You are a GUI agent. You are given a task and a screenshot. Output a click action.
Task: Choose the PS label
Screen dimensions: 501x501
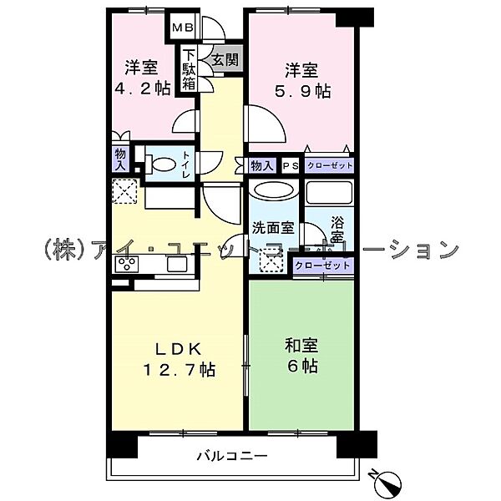290,166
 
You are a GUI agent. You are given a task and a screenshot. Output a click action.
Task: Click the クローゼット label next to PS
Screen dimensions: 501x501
328,166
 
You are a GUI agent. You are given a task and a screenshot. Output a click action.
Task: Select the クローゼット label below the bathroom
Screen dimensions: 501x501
322,266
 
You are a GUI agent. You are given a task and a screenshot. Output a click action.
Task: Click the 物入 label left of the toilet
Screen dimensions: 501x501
121,159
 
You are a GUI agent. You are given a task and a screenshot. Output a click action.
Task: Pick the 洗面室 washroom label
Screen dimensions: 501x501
272,226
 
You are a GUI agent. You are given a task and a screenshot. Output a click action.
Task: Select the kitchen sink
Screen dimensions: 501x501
177,265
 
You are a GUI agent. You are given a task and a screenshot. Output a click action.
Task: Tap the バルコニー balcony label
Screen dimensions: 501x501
232,457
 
